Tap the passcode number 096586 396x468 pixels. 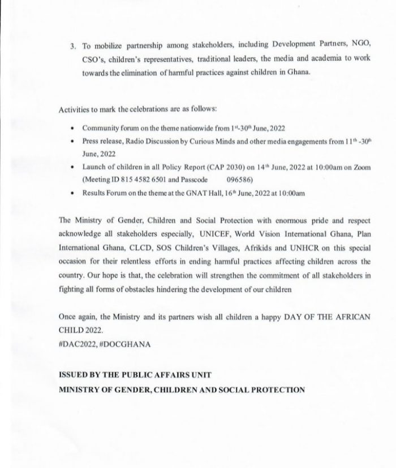[x=239, y=180]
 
